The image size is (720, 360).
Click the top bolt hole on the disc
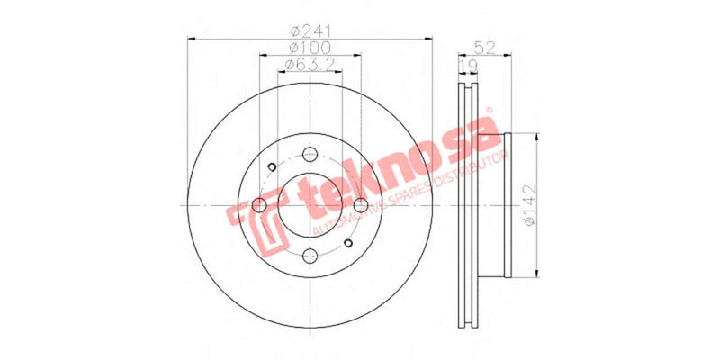point(309,153)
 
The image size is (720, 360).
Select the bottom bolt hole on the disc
point(309,255)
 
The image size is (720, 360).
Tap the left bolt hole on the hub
point(258,204)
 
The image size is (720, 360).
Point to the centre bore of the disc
point(309,204)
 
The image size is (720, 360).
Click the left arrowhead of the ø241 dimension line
point(190,38)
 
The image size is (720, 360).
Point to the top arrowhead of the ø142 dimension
point(537,137)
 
